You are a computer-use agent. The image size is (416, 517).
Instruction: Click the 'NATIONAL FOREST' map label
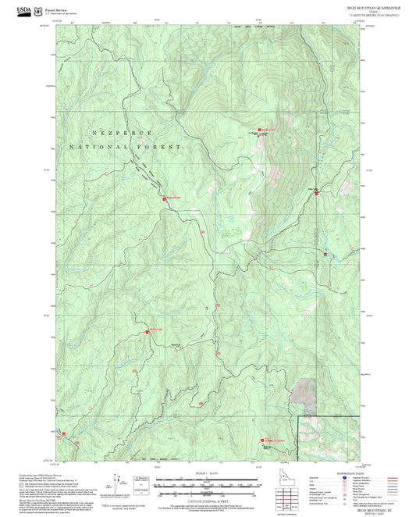pos(125,147)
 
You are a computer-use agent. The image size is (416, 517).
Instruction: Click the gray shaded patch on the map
pos(304,391)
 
